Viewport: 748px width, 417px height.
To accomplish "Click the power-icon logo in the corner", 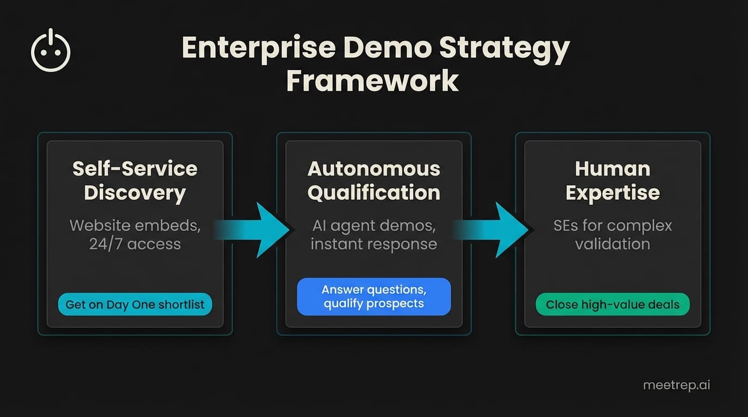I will (x=51, y=51).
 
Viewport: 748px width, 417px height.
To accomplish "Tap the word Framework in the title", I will (x=373, y=80).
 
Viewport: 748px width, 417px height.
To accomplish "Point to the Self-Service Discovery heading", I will (x=135, y=181).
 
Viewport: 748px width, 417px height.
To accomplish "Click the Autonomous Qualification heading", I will (x=373, y=181).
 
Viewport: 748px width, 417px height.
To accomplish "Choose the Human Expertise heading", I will (x=613, y=181).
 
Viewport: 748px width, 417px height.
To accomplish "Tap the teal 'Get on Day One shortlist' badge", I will (x=135, y=305).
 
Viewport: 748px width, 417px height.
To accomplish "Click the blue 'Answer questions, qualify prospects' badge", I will (x=373, y=296).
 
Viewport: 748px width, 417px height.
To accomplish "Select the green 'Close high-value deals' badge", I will (x=613, y=305).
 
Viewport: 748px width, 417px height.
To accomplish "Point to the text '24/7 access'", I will (x=135, y=244).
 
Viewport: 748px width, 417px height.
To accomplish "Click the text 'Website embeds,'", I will (x=135, y=225).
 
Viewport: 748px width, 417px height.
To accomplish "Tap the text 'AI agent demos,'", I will (x=373, y=225).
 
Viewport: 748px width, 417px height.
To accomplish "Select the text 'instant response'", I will (x=373, y=244).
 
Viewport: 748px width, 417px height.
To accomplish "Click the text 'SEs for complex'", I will (x=613, y=225).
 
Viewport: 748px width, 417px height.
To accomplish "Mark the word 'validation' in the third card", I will (x=613, y=244).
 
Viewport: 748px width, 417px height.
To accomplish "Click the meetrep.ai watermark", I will (x=676, y=385).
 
